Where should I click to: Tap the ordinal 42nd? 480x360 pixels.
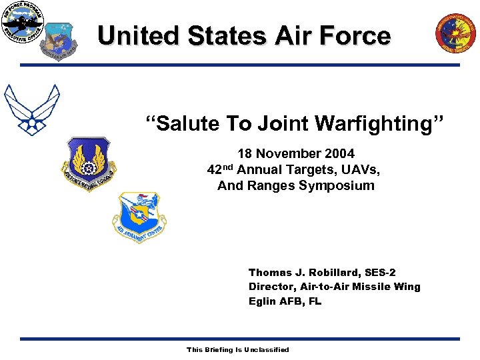(220, 169)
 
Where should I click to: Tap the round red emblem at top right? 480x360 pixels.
(457, 33)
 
